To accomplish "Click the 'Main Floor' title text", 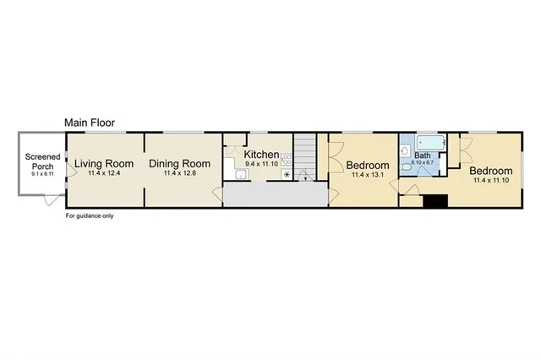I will click(x=90, y=123).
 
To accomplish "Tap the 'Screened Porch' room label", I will click(x=41, y=161).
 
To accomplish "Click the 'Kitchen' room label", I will click(x=261, y=155).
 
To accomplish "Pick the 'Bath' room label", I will click(x=423, y=155).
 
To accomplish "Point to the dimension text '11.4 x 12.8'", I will click(x=179, y=174).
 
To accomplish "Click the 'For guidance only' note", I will click(x=90, y=215).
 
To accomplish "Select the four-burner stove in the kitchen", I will click(x=287, y=158).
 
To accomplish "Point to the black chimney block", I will click(x=435, y=201).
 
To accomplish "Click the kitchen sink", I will click(x=242, y=174).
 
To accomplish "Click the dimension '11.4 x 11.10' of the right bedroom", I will click(x=492, y=179).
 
